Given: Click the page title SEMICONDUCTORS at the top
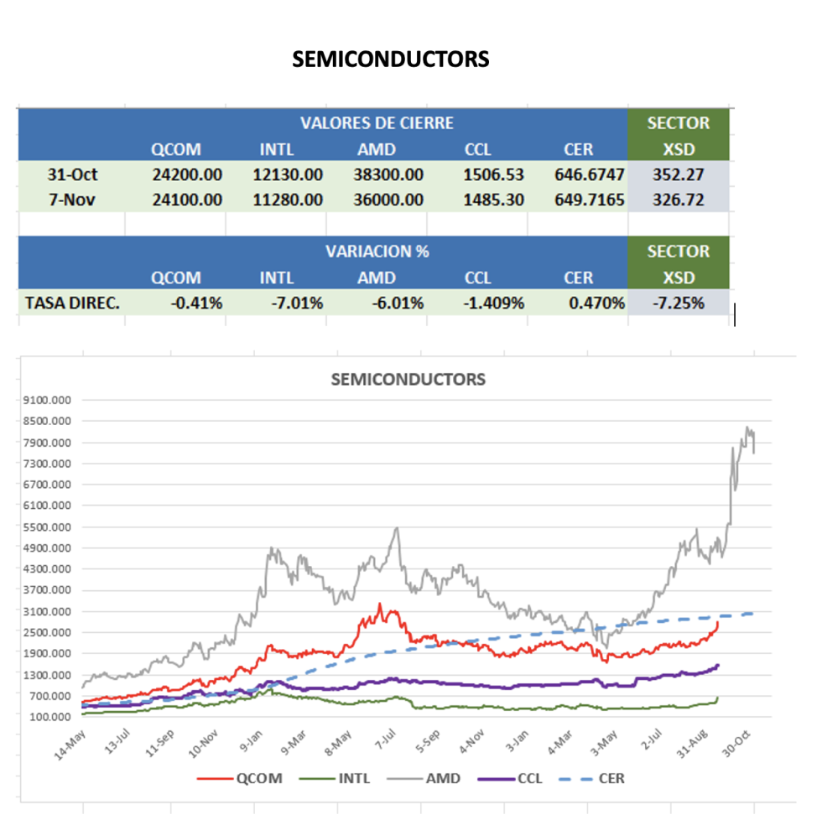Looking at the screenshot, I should [x=391, y=59].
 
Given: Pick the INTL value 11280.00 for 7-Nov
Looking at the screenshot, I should [x=288, y=200].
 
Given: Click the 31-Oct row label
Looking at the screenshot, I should [x=72, y=174].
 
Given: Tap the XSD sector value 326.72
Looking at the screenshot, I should [x=678, y=200].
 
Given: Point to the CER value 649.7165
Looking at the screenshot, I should [x=589, y=200].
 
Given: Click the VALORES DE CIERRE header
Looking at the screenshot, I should [x=377, y=123].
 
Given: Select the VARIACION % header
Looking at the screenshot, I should [x=377, y=251].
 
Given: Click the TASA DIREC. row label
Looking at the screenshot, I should [x=72, y=303].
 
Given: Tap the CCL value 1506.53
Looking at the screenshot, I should [x=489, y=174].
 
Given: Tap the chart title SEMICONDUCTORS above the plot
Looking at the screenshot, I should [x=408, y=379].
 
